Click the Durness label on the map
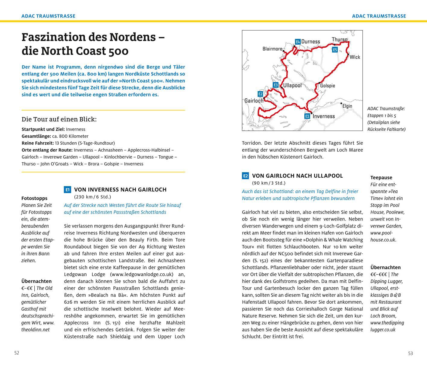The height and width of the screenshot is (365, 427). tap(311, 42)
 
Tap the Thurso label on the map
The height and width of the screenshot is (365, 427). tap(340, 40)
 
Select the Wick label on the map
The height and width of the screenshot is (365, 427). tap(355, 57)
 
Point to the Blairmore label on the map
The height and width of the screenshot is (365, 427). tap(272, 49)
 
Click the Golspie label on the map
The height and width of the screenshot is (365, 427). tap(328, 86)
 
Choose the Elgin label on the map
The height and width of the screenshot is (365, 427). tap(347, 106)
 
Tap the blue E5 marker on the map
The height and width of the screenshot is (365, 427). tap(335, 50)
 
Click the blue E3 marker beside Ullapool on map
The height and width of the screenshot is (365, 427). tap(275, 85)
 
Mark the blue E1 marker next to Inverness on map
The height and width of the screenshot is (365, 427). tap(307, 116)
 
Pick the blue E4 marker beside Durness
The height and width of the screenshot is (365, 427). tap(298, 42)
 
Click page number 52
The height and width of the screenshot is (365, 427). tap(17, 353)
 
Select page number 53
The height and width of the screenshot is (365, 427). tap(410, 353)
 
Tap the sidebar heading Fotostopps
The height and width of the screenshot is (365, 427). tap(34, 198)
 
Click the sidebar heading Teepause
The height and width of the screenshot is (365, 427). tap(381, 178)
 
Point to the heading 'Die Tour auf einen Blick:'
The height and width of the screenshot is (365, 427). tap(59, 119)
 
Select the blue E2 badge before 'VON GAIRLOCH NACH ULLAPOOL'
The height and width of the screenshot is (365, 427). tap(245, 176)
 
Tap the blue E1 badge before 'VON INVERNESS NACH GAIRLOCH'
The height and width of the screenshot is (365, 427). tap(68, 190)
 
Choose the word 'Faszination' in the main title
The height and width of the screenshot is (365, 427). tap(53, 37)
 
